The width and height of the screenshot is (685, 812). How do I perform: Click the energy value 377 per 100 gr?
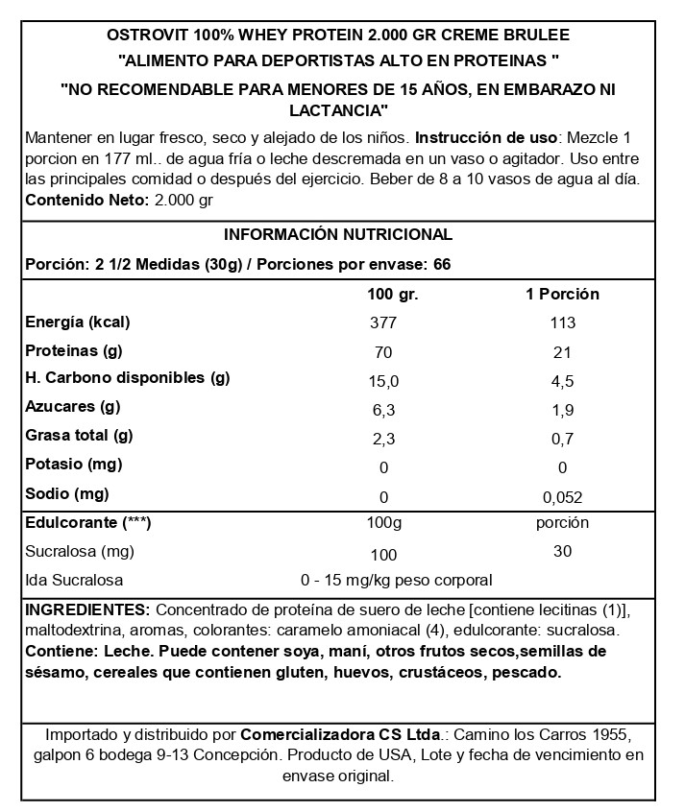(383, 323)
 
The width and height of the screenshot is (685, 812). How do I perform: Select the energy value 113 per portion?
(562, 323)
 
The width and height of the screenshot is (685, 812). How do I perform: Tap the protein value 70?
(383, 352)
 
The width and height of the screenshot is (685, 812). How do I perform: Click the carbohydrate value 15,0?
(383, 381)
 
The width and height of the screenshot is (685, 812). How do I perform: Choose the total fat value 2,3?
(383, 440)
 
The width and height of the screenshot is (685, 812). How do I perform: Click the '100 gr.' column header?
(393, 295)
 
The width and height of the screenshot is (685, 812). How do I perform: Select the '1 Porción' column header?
(562, 295)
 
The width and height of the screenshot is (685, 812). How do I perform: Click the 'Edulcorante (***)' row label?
(87, 523)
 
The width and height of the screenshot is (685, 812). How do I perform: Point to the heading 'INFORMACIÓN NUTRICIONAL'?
(337, 235)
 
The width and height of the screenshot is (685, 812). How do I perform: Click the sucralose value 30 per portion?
(562, 552)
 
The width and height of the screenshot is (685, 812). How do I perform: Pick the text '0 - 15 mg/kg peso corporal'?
(396, 581)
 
